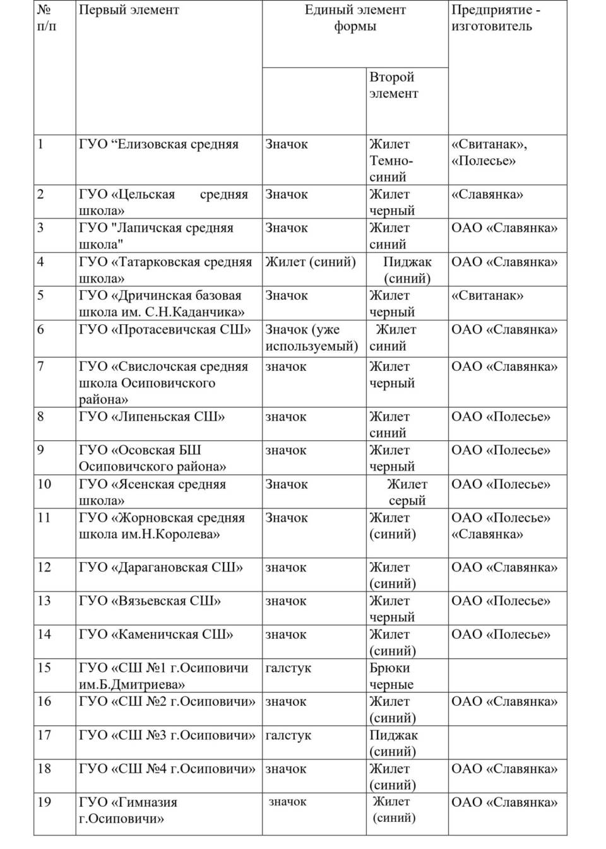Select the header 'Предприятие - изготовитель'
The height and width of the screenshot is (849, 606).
coord(496,18)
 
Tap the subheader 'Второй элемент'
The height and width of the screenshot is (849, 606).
coord(393,85)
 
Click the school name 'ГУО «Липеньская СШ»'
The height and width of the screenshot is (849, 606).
coord(151,417)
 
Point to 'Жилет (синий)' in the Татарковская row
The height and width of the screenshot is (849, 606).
coord(311,262)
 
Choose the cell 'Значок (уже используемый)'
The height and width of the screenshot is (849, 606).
coord(311,337)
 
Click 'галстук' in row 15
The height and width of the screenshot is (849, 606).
coord(288,668)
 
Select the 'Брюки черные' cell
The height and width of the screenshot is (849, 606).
coord(391,676)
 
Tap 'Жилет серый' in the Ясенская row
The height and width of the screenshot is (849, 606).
coord(407,493)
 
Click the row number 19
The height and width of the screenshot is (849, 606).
coord(44,802)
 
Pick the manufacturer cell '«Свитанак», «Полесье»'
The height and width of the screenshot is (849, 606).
coord(489,153)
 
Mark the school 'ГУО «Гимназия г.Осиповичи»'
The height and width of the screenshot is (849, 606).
coord(128,811)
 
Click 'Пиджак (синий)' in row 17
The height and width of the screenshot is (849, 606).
coord(393,743)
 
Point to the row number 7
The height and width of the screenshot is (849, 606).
coord(41,366)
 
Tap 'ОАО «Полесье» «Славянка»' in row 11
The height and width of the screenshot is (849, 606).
coord(501,526)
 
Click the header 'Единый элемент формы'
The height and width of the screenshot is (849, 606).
coord(355,18)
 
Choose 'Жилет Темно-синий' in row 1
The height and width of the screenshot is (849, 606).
coord(391,161)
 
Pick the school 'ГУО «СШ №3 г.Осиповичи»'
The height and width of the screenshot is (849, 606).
coord(167,735)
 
